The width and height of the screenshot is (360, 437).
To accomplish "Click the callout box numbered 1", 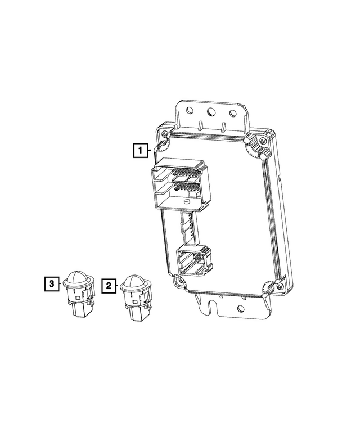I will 141,150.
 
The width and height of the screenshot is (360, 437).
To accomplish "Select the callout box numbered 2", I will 109,286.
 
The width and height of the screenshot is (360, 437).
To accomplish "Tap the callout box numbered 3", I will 51,285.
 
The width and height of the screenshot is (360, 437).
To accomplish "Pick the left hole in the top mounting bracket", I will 190,111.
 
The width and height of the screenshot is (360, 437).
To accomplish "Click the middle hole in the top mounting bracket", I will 212,112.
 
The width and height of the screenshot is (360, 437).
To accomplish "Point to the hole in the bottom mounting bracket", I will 241,308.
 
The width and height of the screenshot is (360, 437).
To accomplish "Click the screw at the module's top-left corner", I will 164,134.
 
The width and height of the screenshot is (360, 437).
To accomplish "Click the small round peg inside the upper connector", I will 186,201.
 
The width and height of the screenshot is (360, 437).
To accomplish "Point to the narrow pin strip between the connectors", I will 188,227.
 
